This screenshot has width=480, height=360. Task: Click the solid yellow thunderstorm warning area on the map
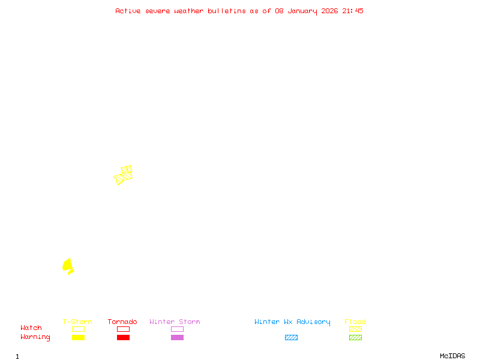click(x=68, y=265)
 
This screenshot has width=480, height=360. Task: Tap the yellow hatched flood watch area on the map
click(x=124, y=175)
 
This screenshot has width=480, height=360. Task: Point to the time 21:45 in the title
click(x=353, y=11)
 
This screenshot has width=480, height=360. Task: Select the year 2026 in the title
click(x=331, y=11)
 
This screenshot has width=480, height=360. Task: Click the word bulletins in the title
click(x=227, y=11)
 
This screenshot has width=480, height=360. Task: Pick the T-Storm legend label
click(x=77, y=322)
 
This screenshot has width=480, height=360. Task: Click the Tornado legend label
click(x=122, y=322)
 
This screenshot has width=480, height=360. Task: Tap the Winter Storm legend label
click(x=175, y=322)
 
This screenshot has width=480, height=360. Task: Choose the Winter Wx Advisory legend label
click(x=292, y=322)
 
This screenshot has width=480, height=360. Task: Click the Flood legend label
click(x=355, y=322)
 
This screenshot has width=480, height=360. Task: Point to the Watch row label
click(x=31, y=328)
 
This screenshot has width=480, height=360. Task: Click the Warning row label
click(x=35, y=337)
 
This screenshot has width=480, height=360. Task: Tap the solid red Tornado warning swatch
click(x=123, y=338)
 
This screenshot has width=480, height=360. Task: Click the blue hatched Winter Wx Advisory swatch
click(x=291, y=338)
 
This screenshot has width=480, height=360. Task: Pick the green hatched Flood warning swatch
click(x=355, y=338)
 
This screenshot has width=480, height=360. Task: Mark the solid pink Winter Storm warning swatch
click(x=177, y=338)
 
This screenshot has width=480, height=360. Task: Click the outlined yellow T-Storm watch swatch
click(x=78, y=329)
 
